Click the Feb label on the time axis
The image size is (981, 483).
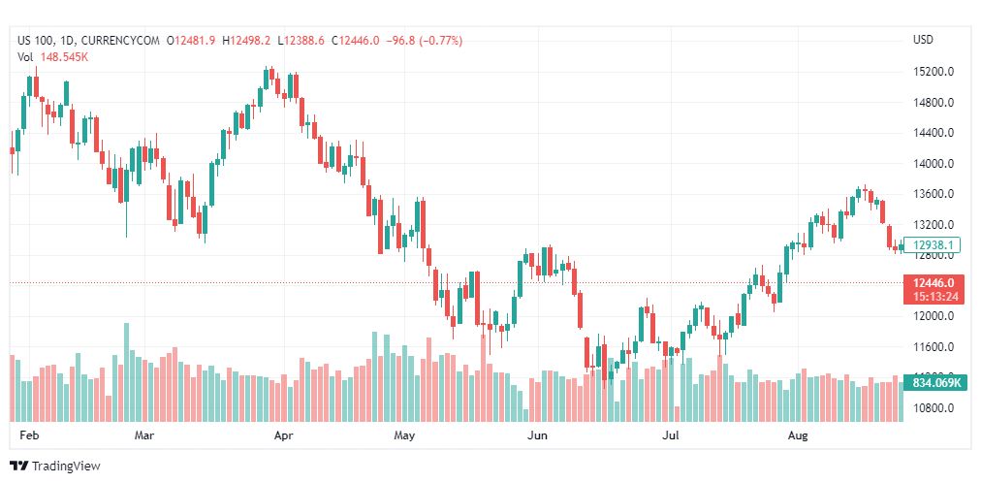(x=29, y=436)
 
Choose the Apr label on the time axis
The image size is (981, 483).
(x=284, y=436)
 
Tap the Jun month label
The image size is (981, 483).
(x=537, y=436)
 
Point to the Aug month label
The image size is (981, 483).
(x=797, y=436)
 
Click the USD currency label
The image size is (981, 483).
(x=923, y=40)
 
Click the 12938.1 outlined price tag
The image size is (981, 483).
(x=931, y=245)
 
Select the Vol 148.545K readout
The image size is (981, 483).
(x=54, y=56)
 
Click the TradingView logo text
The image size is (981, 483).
(x=66, y=467)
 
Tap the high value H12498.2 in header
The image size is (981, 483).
(x=246, y=41)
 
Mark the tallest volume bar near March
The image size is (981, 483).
(x=126, y=373)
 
